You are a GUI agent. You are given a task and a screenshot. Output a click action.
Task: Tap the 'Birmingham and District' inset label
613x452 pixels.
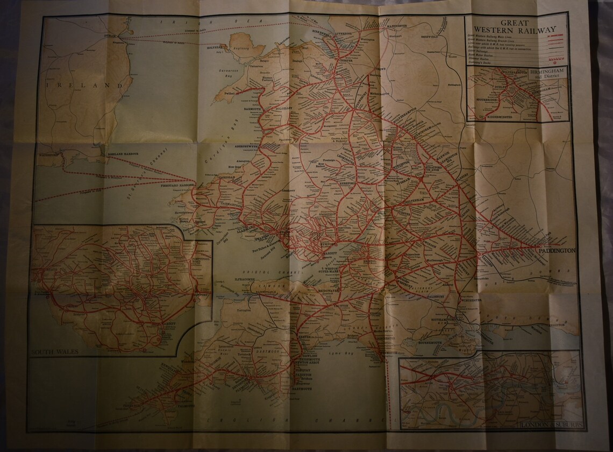click(544, 74)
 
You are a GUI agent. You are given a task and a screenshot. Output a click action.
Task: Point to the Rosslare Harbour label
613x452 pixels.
click(124, 154)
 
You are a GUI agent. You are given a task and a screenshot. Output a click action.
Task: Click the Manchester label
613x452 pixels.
click(399, 25)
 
